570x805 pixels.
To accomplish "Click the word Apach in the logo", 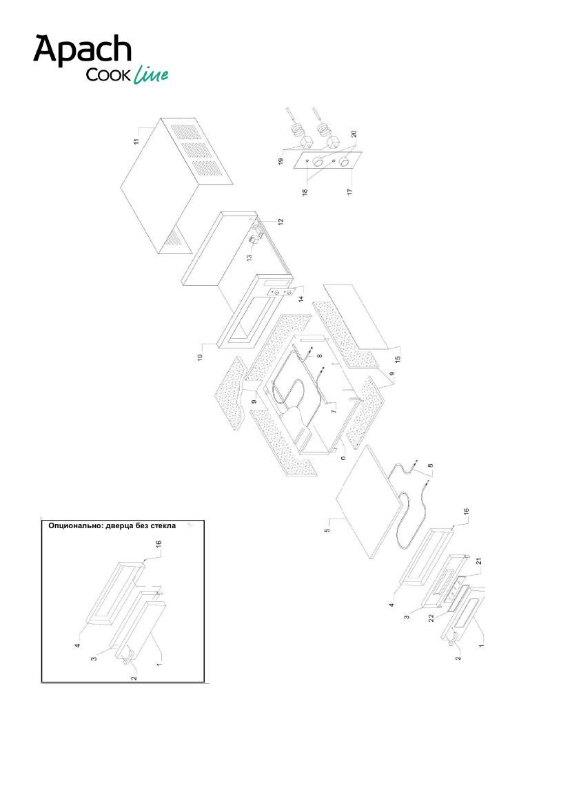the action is tap(83, 50).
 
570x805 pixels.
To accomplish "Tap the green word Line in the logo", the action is tap(150, 75).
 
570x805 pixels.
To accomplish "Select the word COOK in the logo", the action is tap(108, 76).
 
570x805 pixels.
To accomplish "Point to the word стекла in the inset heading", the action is tap(163, 525).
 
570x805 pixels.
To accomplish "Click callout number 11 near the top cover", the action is tap(136, 140).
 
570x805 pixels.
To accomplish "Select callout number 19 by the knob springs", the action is tap(281, 160).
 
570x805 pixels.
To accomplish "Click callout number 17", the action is tap(350, 191).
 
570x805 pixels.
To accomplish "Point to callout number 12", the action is tap(281, 222).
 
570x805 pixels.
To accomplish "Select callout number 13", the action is tap(250, 258).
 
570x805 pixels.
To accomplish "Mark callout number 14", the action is tap(301, 297).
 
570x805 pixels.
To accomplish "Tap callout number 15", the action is tap(398, 358).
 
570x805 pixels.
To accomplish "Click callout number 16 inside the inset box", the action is tap(159, 544).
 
